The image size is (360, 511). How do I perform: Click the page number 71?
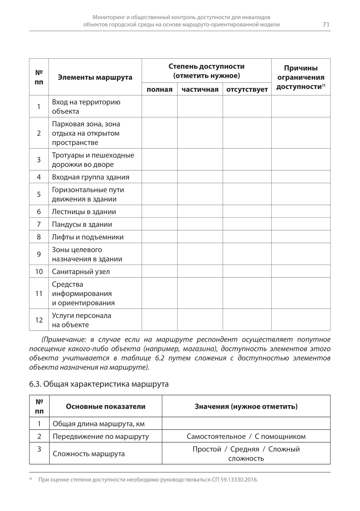[x=326, y=25]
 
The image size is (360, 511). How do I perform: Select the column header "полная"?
[x=159, y=90]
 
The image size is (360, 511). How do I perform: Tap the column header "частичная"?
[x=200, y=90]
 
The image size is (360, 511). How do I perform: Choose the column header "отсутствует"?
[x=247, y=90]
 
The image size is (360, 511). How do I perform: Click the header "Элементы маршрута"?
[x=95, y=77]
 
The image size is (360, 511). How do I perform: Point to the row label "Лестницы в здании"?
[x=84, y=212]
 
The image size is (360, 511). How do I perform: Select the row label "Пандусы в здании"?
[x=82, y=224]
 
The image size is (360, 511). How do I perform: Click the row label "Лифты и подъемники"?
[x=88, y=237]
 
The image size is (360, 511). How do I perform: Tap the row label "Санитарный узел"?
[x=81, y=272]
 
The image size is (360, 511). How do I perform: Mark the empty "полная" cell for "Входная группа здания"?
[x=159, y=177]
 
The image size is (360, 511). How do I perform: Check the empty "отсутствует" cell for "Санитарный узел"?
[x=247, y=272]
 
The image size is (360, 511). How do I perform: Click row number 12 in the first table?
[x=39, y=320]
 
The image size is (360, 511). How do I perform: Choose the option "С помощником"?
[x=280, y=436]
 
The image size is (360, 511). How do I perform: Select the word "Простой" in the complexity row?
[x=207, y=449]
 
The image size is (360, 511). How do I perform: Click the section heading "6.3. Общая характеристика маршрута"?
[x=99, y=384]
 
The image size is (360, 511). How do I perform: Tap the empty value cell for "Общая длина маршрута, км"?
[x=246, y=424]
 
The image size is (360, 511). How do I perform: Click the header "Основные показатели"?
[x=106, y=406]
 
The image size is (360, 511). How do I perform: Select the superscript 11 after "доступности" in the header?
[x=324, y=85]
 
